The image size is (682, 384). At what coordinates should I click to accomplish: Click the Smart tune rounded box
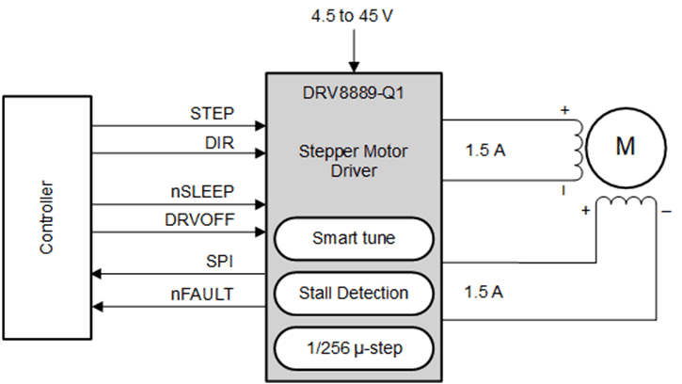[x=354, y=239]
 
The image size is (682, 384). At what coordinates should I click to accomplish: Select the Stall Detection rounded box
[x=354, y=294]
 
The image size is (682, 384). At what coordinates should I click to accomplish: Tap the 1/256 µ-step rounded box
[x=354, y=348]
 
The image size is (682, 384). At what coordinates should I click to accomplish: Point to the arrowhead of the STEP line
[x=261, y=125]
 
